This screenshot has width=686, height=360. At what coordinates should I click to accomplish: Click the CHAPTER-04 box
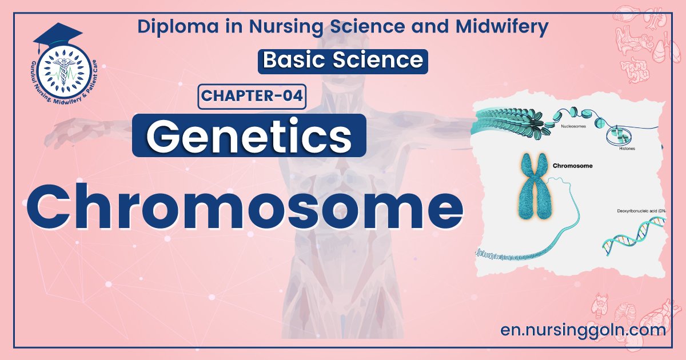click(252, 96)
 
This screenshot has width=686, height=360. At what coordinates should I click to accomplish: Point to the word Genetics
click(249, 135)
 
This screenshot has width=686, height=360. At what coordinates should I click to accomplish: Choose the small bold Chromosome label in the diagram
click(573, 166)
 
